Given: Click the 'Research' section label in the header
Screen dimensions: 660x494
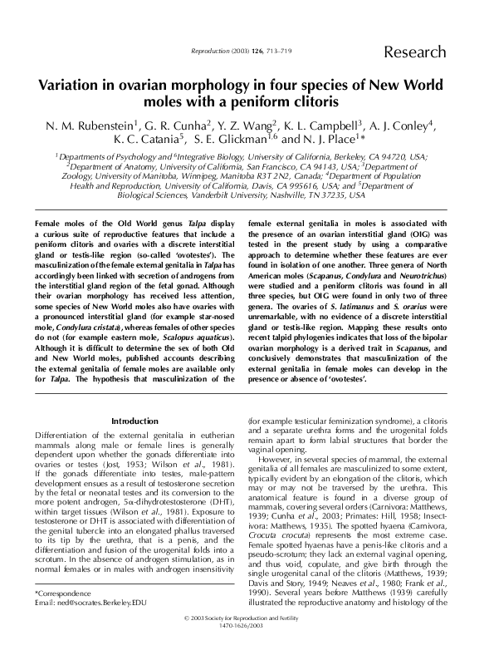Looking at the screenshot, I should click(x=414, y=53).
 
